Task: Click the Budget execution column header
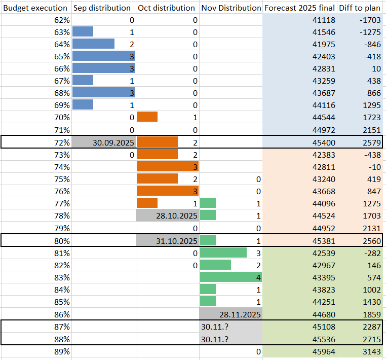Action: tap(35, 8)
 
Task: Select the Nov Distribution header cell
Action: tap(231, 8)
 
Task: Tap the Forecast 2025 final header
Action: tap(299, 8)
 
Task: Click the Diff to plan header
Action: tap(360, 8)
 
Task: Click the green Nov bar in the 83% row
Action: tap(231, 277)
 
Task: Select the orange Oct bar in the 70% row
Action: tap(147, 117)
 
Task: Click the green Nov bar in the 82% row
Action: tap(215, 265)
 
